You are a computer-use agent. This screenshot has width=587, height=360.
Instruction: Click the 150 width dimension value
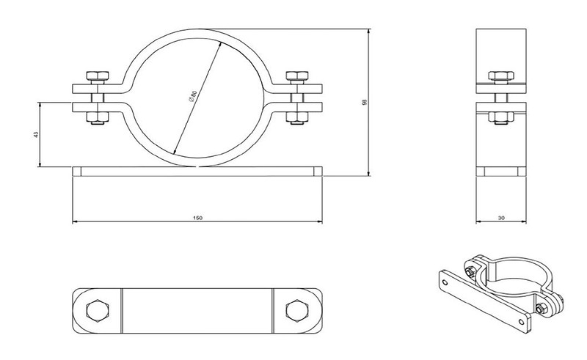(197, 218)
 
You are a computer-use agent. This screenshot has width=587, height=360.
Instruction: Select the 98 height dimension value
(365, 102)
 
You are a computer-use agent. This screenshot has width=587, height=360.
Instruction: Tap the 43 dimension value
(36, 134)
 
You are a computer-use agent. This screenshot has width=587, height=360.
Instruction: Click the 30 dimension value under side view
(502, 218)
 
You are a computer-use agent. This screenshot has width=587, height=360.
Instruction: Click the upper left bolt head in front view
(98, 76)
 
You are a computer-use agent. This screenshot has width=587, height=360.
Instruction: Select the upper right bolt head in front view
(297, 76)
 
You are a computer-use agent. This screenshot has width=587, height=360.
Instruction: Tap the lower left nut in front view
(98, 117)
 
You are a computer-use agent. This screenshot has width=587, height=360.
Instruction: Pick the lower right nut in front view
(297, 117)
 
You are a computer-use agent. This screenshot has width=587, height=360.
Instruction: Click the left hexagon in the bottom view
(98, 311)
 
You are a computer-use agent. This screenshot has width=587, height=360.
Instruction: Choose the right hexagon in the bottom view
(297, 311)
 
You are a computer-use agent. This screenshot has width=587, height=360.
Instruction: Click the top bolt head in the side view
(501, 76)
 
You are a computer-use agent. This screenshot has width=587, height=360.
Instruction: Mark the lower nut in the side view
(501, 117)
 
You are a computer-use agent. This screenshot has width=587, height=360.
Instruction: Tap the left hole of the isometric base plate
(445, 282)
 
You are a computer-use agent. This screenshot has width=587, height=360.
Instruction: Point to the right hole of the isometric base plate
(521, 321)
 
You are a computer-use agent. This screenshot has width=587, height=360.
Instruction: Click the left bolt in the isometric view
(470, 271)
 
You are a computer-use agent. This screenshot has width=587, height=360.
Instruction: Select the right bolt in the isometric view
(540, 309)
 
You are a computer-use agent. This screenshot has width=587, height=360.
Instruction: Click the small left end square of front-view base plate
(77, 172)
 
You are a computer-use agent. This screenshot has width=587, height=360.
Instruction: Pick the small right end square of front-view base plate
(318, 172)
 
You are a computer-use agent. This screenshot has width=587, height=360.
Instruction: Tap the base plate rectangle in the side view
(501, 172)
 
